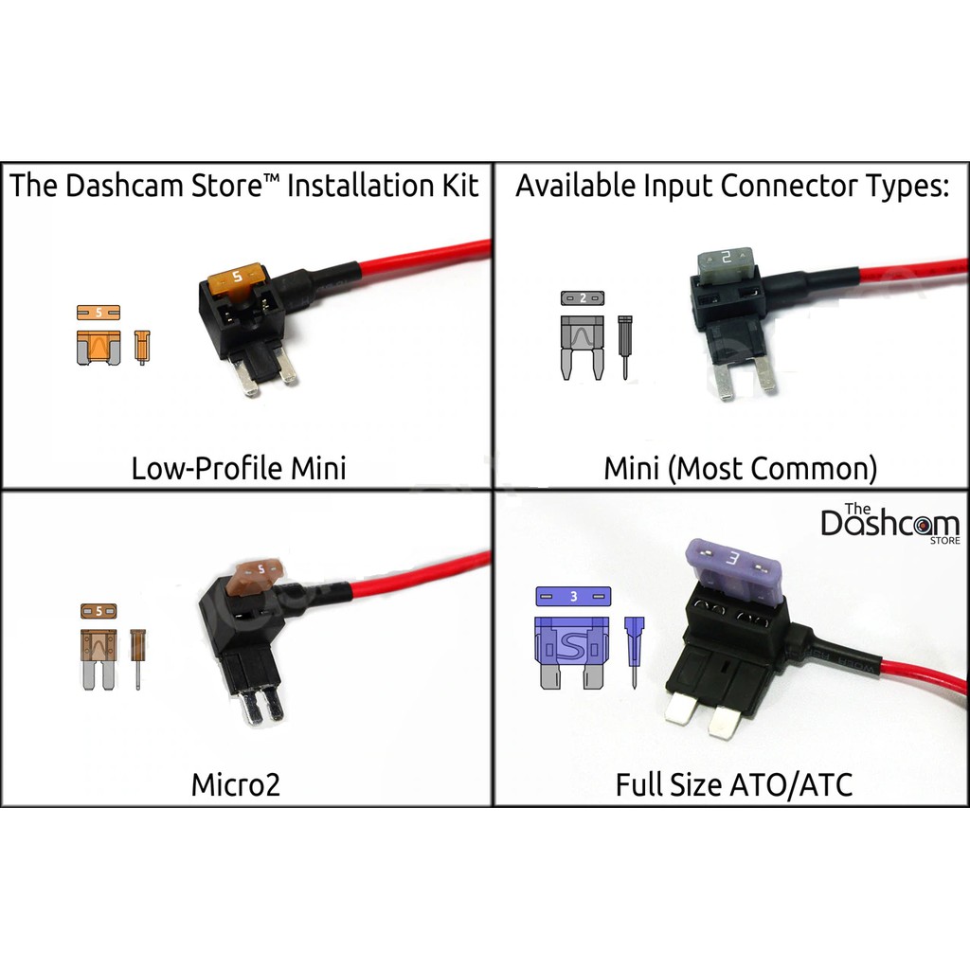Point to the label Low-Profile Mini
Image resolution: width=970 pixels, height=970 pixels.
(238, 468)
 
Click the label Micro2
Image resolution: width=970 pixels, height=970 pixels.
(235, 784)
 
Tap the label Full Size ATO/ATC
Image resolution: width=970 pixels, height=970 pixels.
(734, 784)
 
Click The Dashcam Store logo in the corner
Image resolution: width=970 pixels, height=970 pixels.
(889, 523)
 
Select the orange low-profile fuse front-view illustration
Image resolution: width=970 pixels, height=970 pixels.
(97, 348)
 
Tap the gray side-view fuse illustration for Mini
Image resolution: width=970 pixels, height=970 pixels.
(624, 346)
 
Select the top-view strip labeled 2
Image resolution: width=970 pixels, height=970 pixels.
(582, 297)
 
